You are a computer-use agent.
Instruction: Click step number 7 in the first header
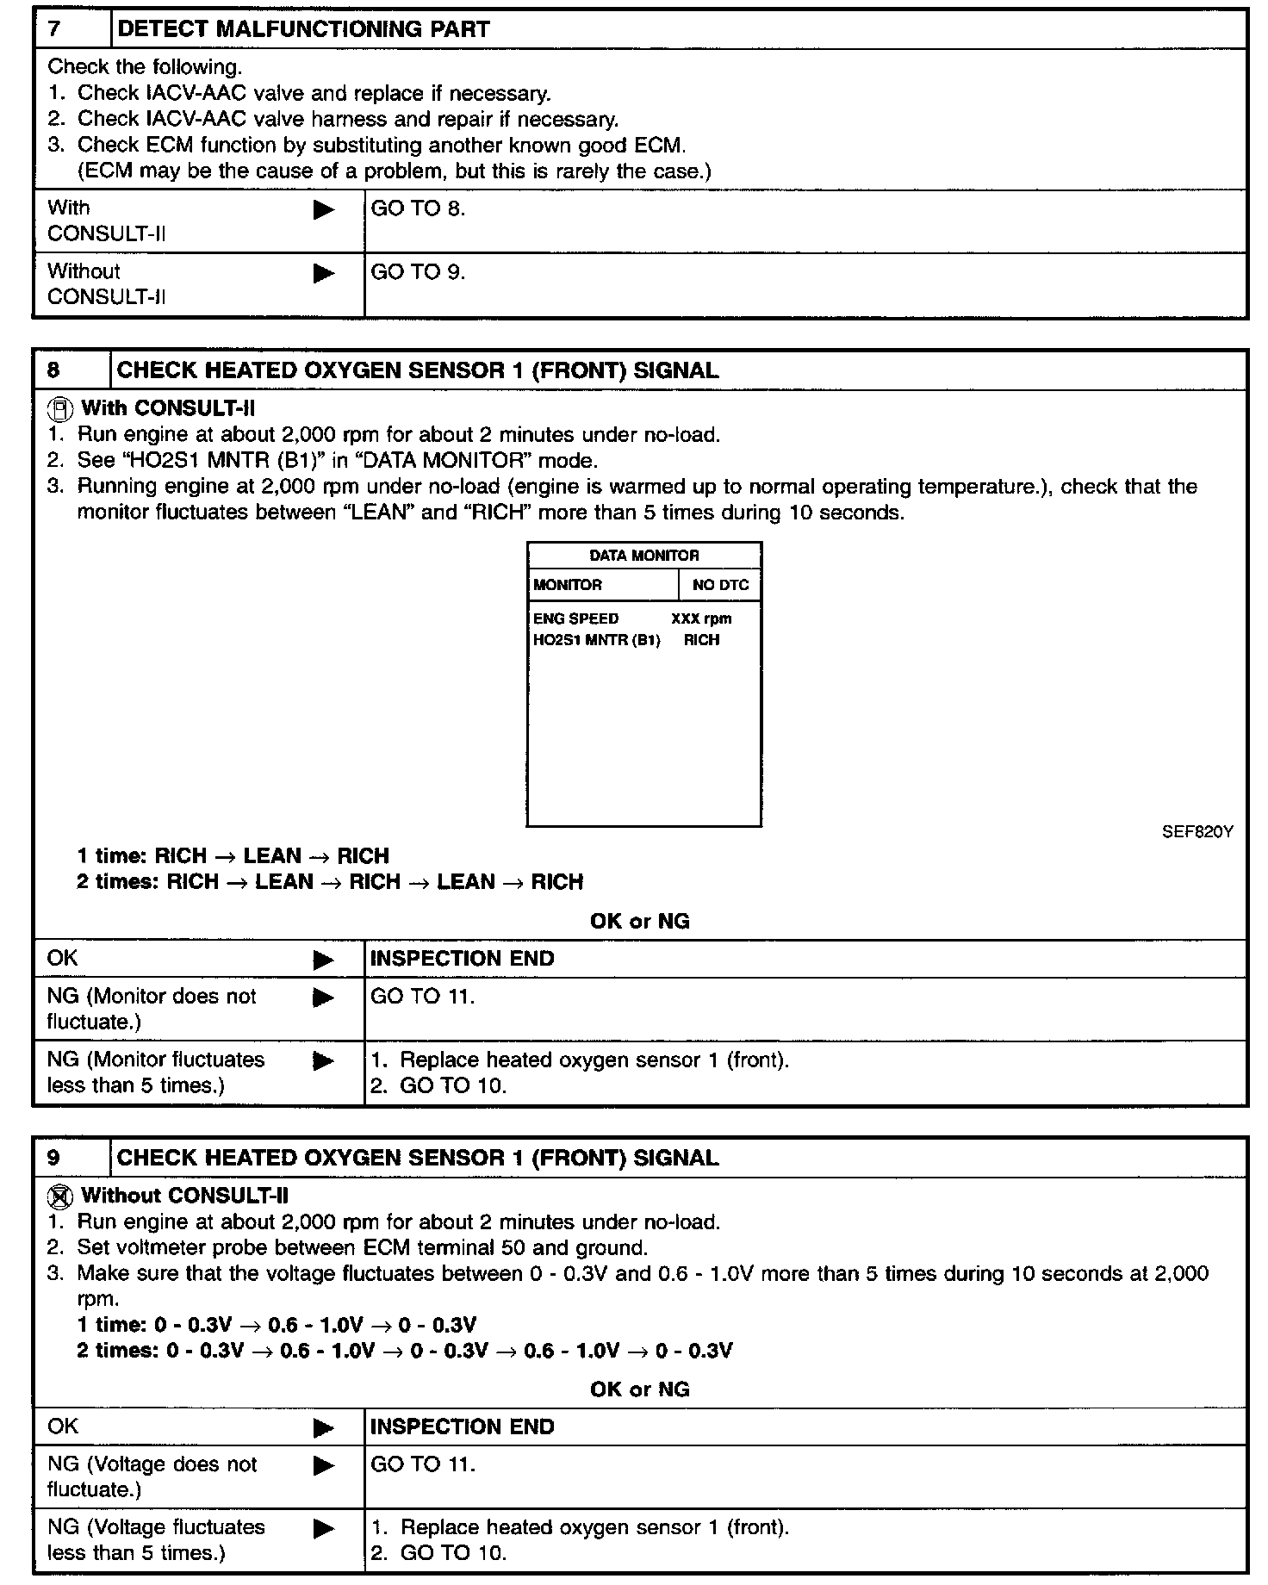tap(55, 29)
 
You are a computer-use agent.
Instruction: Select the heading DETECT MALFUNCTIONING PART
tap(303, 29)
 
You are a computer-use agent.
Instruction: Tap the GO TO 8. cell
tap(418, 208)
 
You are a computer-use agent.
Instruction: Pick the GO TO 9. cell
tap(418, 272)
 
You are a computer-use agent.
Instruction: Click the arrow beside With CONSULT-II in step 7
tap(324, 209)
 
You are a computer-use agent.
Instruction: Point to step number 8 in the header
tap(54, 370)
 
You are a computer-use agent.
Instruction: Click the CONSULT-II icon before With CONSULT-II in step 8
tap(59, 408)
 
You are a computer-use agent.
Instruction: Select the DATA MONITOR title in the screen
tap(643, 556)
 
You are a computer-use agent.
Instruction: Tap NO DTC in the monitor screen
tap(720, 585)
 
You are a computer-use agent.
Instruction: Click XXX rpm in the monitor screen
tap(701, 618)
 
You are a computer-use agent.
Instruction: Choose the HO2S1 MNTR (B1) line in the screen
tap(596, 640)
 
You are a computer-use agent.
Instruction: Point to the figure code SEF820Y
tap(1197, 832)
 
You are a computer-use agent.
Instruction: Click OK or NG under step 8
tap(639, 922)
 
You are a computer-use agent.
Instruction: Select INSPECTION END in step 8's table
tap(462, 959)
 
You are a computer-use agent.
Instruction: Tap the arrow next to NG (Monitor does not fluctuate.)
tap(324, 998)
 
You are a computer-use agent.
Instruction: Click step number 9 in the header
tap(54, 1158)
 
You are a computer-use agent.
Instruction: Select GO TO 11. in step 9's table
tap(422, 1464)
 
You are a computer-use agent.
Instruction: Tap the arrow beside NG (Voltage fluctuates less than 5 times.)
tap(324, 1529)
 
